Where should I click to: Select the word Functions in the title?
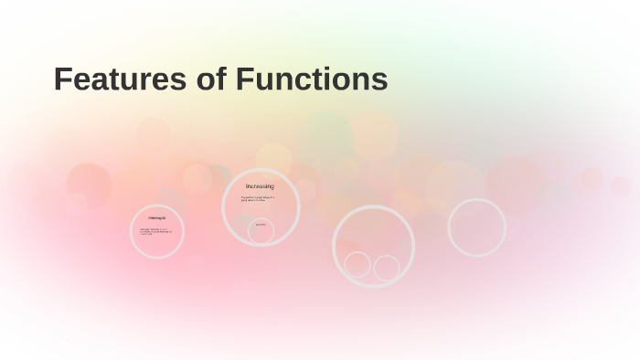[x=312, y=79]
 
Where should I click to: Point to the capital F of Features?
[x=63, y=79]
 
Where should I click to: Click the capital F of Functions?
[x=245, y=79]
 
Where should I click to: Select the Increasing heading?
[x=260, y=186]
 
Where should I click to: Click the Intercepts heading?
[x=157, y=218]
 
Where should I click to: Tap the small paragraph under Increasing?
[x=257, y=198]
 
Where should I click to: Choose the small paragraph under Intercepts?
[x=156, y=231]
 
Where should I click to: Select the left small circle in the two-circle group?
[x=357, y=265]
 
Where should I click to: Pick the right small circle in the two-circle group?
[x=387, y=268]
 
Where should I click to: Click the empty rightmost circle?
[x=476, y=227]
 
